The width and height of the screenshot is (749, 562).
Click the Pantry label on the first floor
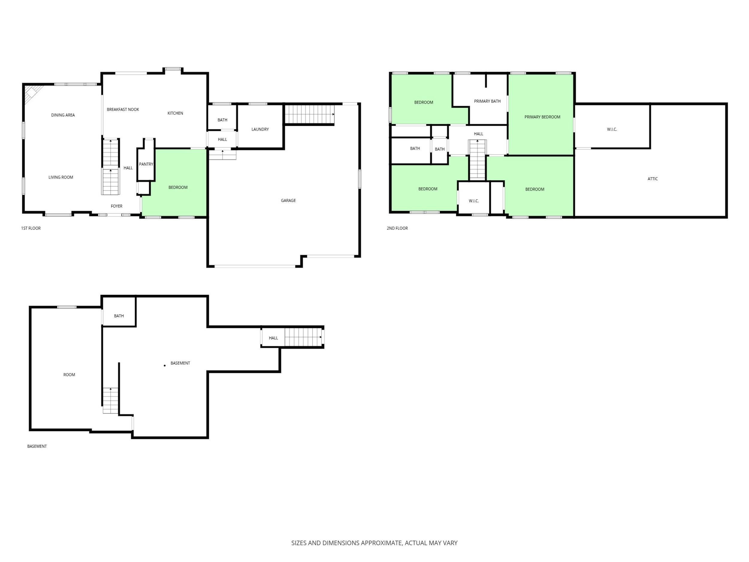pos(146,164)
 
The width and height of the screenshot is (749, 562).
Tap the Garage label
pos(288,201)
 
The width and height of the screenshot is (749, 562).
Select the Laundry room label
pos(260,129)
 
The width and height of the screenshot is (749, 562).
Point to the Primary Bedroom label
pos(542,117)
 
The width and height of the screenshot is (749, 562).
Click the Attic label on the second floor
pos(653,179)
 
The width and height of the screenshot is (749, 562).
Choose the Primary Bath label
pos(487,101)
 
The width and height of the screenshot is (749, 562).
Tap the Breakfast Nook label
pos(123,109)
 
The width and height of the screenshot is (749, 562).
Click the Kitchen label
pos(175,113)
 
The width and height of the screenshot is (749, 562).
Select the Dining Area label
pos(63,115)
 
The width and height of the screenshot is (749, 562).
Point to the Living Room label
pos(61,177)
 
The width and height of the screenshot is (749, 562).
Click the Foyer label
pos(117,206)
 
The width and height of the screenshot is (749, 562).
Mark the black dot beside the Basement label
pos(164,365)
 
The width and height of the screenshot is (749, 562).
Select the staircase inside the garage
pos(309,114)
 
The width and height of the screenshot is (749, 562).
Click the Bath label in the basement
pos(119,316)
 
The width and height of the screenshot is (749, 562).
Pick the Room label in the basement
pos(69,375)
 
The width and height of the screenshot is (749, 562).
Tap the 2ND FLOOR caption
pos(397,228)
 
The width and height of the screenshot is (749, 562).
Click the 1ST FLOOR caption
pos(31,228)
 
